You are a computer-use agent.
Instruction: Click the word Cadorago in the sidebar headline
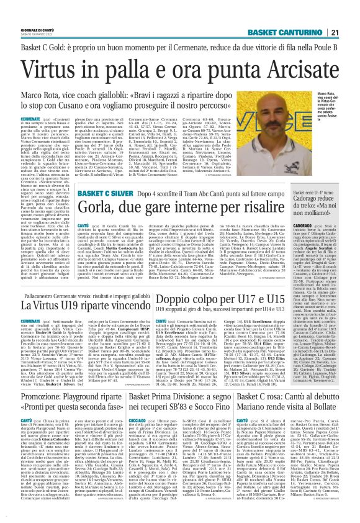click(x=296, y=200)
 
